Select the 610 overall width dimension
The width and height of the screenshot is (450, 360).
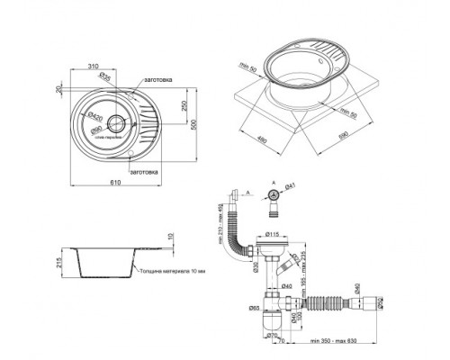115,185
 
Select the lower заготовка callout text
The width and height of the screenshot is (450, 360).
144,170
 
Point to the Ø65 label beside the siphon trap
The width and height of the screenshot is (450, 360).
254,310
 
